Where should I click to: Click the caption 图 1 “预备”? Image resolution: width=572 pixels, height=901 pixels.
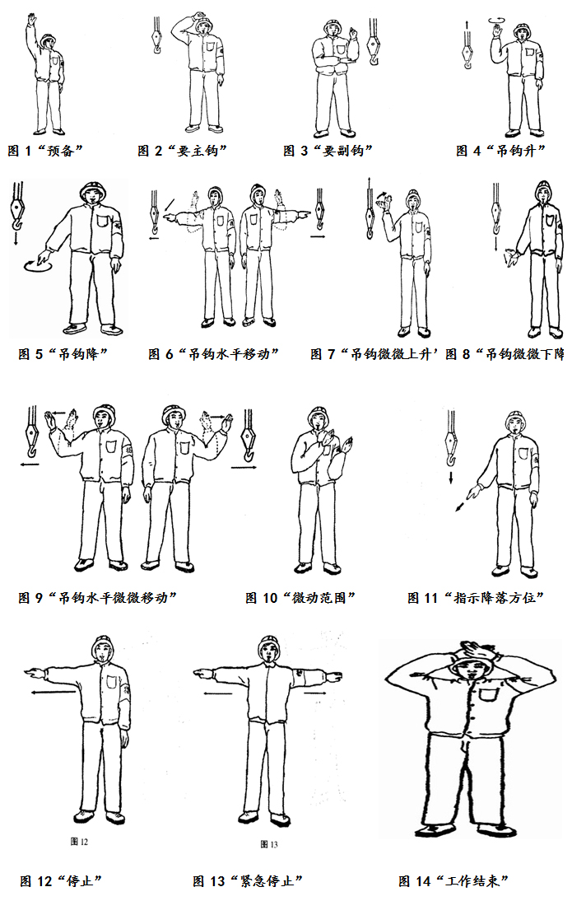click(x=45, y=151)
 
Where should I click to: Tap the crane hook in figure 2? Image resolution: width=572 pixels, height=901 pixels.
click(x=156, y=35)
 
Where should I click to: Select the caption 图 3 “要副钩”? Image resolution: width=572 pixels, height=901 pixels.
click(x=328, y=151)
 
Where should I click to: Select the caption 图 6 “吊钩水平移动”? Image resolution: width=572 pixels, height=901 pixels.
click(x=213, y=354)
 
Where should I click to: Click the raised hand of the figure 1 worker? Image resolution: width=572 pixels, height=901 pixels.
click(x=31, y=21)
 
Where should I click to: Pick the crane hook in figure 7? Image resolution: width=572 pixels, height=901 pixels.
click(x=370, y=212)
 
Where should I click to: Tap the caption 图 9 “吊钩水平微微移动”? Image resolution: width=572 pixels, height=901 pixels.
click(x=97, y=598)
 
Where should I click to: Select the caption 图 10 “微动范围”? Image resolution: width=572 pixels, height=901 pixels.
click(x=300, y=598)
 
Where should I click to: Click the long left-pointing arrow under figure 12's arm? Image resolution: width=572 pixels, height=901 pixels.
click(x=54, y=693)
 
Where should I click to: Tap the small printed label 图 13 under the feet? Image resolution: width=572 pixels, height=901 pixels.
click(x=269, y=844)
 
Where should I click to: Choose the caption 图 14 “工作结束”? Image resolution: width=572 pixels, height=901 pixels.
click(x=453, y=880)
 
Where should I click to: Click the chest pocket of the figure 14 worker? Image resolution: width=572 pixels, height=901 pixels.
click(x=489, y=694)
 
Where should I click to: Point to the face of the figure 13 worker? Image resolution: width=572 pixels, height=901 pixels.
click(x=269, y=651)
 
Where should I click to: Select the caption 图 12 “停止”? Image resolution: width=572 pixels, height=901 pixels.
click(x=61, y=880)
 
